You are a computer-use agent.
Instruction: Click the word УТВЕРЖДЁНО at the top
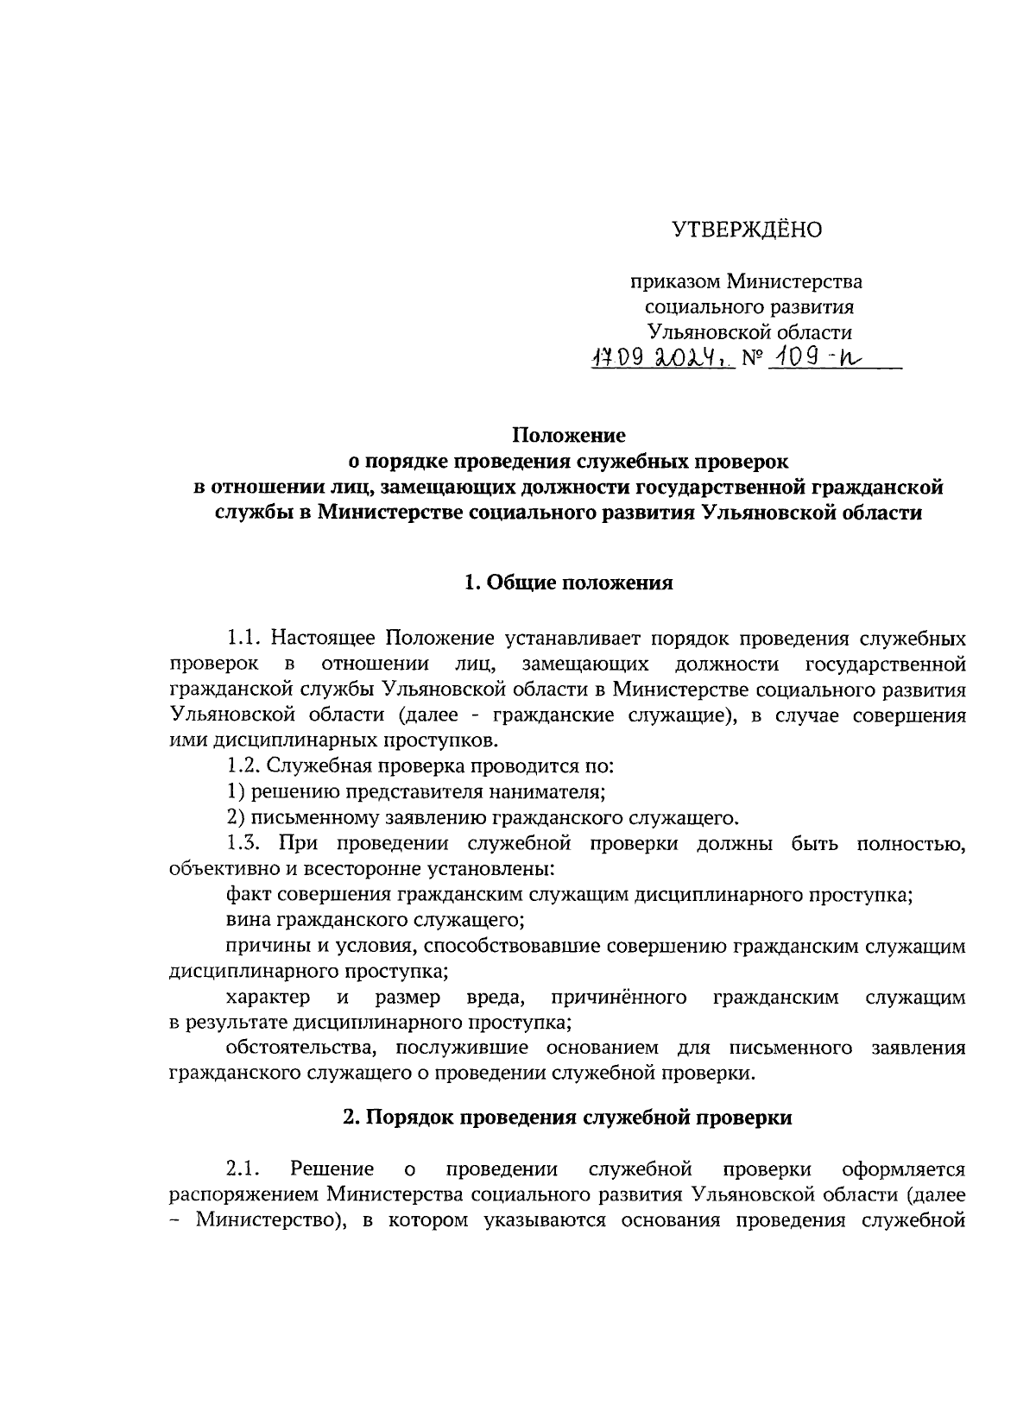tap(747, 230)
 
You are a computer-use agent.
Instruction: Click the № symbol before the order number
tap(752, 360)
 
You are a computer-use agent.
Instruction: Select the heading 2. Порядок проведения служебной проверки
tap(567, 1117)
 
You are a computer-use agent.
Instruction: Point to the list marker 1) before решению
tap(236, 791)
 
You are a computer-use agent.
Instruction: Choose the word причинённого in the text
tap(618, 998)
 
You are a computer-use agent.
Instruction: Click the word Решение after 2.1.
tap(332, 1169)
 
